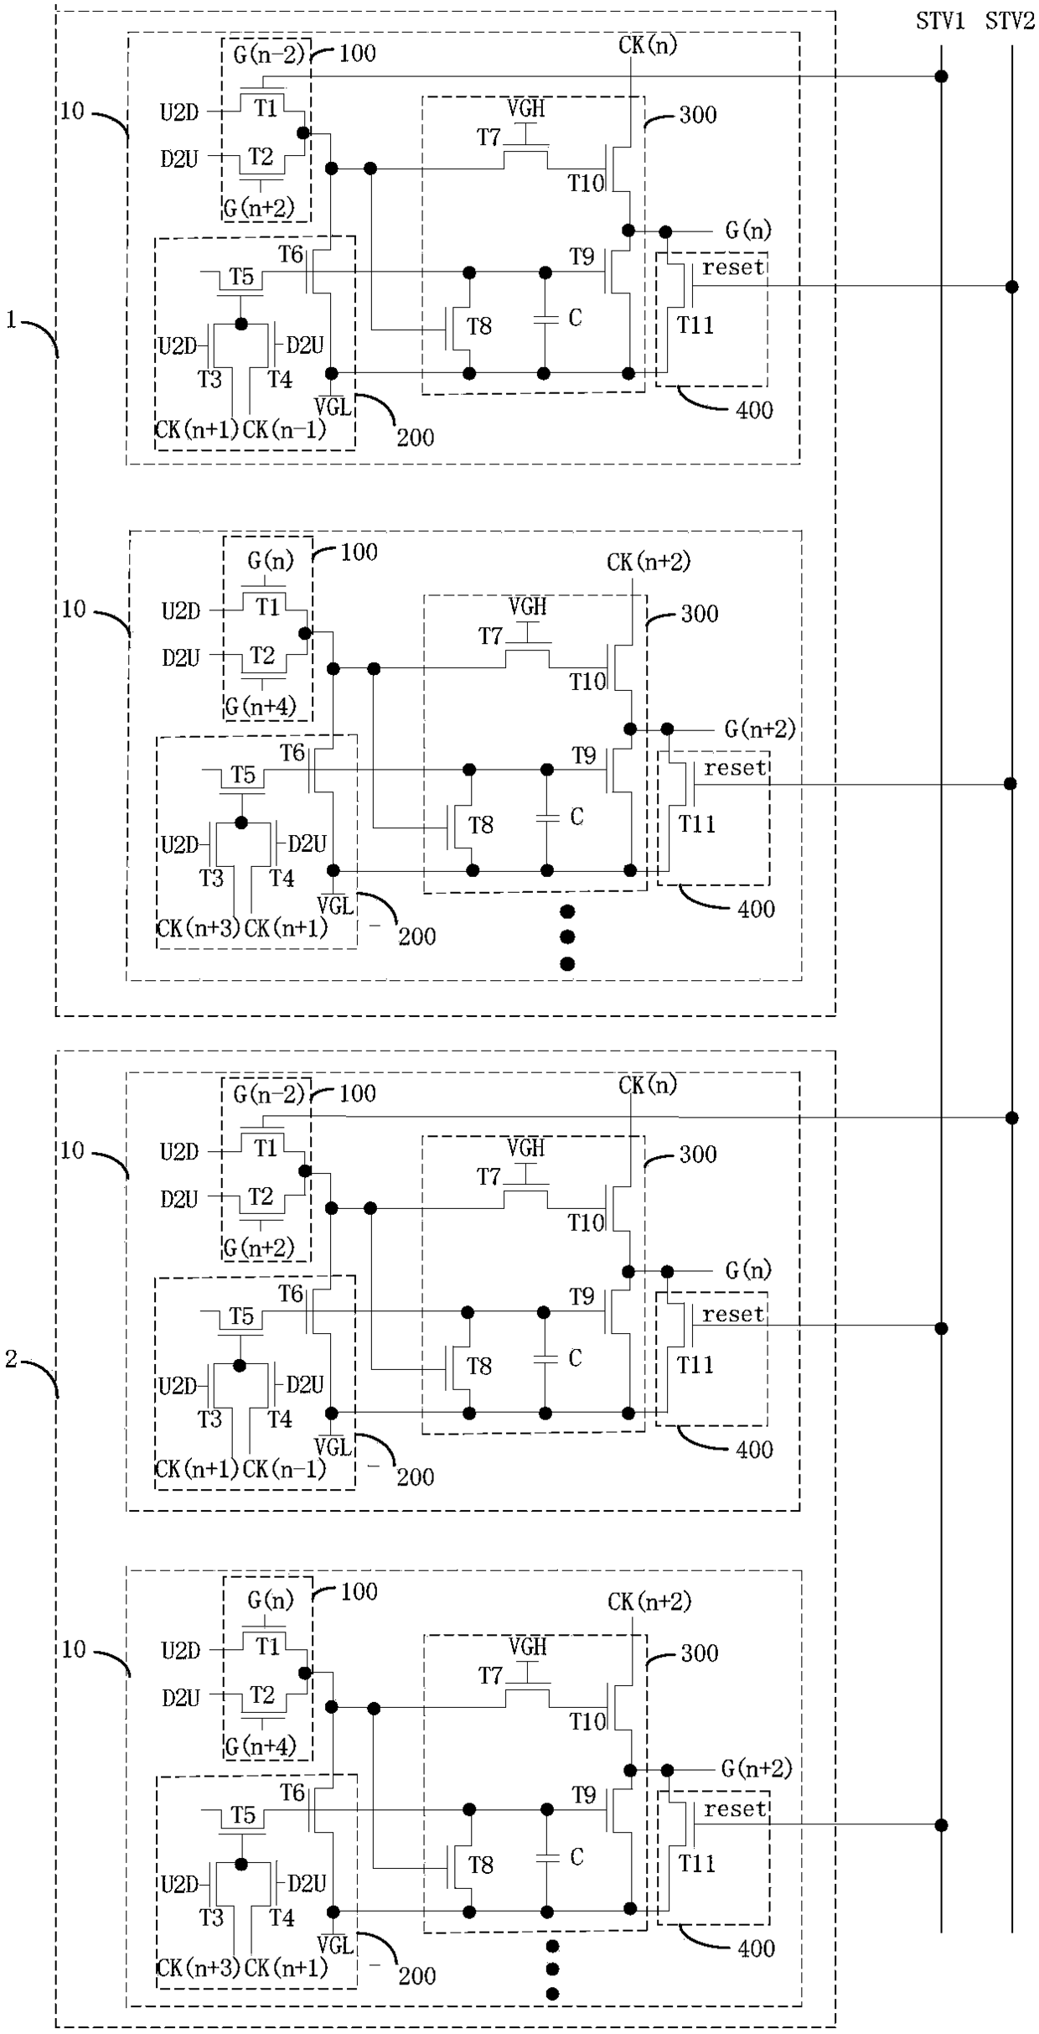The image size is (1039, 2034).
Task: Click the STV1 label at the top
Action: (x=940, y=22)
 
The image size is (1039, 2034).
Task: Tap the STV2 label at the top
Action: (x=1010, y=22)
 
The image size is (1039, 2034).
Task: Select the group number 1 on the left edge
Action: (x=11, y=319)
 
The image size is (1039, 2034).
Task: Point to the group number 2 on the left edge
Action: (x=11, y=1359)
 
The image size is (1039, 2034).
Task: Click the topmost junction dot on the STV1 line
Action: (x=941, y=76)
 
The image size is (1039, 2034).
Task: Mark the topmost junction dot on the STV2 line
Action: (x=1011, y=287)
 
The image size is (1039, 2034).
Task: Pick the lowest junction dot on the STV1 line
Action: (x=941, y=1824)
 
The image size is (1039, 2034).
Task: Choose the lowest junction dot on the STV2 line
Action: (x=1011, y=1118)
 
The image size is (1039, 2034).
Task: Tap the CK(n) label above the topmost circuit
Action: (x=648, y=45)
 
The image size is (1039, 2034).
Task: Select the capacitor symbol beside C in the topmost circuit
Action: (x=545, y=319)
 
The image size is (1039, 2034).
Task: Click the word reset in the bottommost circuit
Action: (x=735, y=1810)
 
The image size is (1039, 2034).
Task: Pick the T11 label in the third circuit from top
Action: (x=695, y=1365)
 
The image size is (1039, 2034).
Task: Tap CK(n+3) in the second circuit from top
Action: (x=198, y=928)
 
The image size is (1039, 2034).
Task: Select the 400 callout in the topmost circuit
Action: (x=754, y=410)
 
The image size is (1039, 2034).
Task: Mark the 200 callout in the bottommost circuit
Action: (x=416, y=1976)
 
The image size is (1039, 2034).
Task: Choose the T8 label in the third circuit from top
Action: (x=479, y=1367)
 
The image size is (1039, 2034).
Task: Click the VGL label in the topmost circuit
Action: (x=333, y=407)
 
